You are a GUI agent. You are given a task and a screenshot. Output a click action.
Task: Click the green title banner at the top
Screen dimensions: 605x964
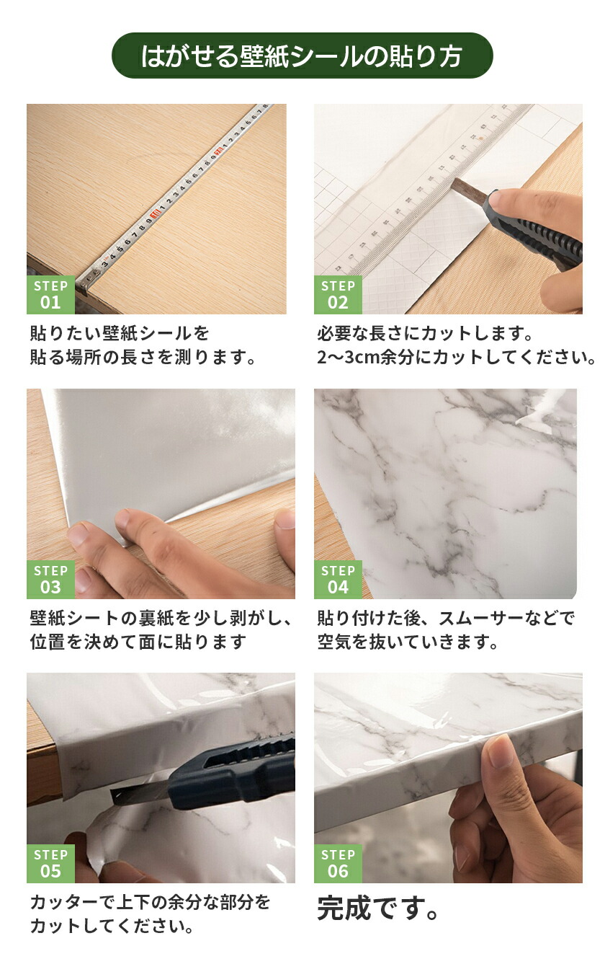(x=302, y=56)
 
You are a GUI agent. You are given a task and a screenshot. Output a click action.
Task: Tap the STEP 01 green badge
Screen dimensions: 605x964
(x=50, y=295)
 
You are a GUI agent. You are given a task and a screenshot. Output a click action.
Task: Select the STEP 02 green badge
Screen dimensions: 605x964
(x=338, y=295)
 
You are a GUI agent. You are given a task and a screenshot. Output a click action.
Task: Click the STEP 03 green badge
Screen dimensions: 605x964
(x=50, y=579)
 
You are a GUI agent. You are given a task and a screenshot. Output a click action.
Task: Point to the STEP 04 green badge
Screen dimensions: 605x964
(x=338, y=579)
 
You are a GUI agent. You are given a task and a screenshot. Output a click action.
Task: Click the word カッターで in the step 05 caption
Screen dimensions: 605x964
(x=73, y=901)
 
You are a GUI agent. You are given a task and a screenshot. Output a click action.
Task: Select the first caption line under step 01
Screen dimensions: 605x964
(x=119, y=333)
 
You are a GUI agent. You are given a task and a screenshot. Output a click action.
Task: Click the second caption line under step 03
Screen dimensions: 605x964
(x=138, y=642)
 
